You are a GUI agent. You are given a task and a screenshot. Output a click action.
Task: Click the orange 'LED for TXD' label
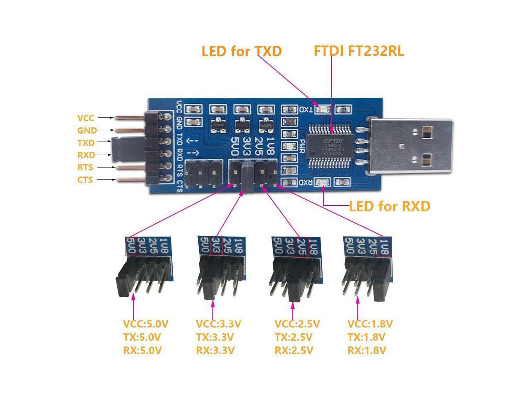coord(241,51)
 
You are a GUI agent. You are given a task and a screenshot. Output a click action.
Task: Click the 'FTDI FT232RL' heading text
coord(359,51)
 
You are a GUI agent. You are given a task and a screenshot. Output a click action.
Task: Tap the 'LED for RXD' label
coord(389,206)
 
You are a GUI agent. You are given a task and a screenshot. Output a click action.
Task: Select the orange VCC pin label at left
coord(86,118)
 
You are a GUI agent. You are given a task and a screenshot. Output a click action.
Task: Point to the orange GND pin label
coord(87,131)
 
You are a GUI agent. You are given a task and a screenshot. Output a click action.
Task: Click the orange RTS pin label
coord(85,167)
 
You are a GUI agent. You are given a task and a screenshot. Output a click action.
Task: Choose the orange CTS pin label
coord(85,180)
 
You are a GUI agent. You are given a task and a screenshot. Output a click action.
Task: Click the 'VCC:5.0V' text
coord(146,324)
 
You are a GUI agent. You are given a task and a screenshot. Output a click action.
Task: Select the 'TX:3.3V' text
coord(215,337)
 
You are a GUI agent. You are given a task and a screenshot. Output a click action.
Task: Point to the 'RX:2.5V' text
coord(294,351)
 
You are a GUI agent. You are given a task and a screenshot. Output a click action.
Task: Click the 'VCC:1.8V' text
coord(370,324)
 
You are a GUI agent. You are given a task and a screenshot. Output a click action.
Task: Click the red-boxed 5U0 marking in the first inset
coord(132,246)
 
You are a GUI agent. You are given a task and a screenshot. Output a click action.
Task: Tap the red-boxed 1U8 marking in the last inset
coord(384,247)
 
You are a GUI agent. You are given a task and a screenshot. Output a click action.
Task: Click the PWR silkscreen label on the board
coord(302,146)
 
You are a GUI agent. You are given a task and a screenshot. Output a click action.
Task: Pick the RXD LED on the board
coord(322,182)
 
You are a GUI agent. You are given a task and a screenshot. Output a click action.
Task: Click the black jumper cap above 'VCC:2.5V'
coord(296,286)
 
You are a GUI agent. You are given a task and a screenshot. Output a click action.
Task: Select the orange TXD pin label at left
coord(86,143)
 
